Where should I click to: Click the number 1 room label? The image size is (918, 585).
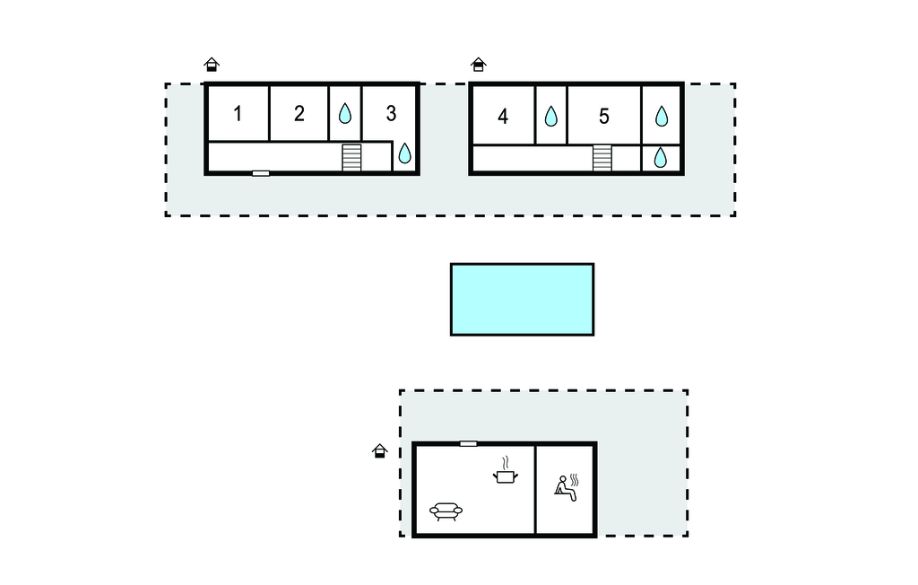237,114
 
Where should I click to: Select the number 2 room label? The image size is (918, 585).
299,114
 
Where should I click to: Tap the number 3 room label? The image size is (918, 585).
391,113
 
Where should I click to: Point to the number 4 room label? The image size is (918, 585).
503,117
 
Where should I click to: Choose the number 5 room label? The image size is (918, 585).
604,117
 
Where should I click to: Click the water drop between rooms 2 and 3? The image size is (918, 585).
345,113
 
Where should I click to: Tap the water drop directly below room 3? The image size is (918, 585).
404,153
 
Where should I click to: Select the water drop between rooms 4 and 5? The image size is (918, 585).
551,116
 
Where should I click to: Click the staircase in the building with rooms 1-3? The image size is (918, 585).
351,158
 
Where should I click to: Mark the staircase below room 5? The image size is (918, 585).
602,158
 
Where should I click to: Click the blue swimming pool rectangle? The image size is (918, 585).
523,300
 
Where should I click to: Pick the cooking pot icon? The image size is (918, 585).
506,470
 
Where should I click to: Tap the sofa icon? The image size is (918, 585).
446,511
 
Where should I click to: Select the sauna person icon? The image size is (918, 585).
567,488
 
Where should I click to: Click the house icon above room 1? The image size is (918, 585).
212,65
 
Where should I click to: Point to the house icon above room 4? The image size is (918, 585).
479,65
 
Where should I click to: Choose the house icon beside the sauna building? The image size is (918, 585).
380,450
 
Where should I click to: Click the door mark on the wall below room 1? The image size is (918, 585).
261,173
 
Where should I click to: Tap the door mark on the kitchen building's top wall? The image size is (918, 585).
468,444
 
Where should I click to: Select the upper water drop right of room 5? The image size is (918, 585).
662,116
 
